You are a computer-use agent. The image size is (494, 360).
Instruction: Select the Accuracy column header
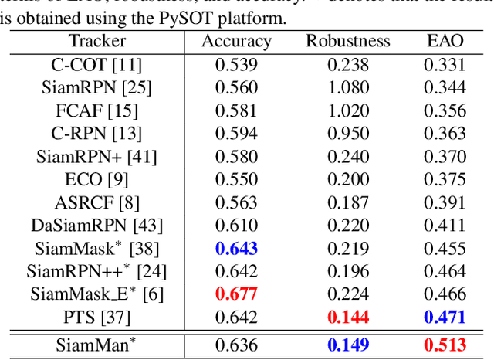pos(236,42)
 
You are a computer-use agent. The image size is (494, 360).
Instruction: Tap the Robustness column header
pos(348,42)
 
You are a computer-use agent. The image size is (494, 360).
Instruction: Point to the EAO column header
pos(445,42)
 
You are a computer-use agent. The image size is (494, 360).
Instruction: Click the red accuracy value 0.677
pos(236,294)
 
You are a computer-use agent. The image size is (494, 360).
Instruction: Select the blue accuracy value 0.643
pos(236,249)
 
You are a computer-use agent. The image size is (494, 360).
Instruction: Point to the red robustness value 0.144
pos(348,317)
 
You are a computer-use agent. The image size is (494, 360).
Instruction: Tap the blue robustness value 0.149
pos(348,344)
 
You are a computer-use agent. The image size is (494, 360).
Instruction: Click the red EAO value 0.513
pos(445,344)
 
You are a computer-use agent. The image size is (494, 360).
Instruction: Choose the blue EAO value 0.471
pos(445,317)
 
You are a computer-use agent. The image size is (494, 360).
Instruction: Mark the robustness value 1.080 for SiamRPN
pos(348,87)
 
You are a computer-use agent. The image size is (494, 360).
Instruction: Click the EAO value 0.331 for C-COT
pos(445,65)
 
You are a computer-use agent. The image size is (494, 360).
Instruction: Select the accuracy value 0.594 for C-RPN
pos(236,134)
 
